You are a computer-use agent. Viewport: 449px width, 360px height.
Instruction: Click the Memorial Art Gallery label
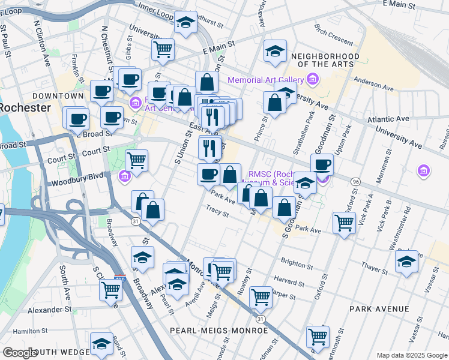click(265, 80)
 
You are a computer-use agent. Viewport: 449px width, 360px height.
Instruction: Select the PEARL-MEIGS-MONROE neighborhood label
click(218, 331)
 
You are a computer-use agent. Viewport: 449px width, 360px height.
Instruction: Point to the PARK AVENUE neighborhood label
click(379, 309)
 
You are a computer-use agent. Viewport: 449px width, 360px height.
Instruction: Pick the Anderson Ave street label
click(373, 80)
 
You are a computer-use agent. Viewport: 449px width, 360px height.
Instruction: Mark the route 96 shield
click(355, 181)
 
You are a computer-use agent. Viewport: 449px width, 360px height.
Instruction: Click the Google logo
click(20, 353)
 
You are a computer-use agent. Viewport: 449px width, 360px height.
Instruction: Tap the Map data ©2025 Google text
click(412, 355)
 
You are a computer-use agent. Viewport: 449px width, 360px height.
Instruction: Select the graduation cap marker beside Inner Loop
click(185, 23)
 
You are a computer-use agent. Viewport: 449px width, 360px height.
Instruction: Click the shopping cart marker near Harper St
click(260, 296)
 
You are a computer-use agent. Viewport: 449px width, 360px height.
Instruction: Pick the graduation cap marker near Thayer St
click(406, 262)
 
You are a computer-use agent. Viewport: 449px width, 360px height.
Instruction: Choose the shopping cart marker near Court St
click(136, 160)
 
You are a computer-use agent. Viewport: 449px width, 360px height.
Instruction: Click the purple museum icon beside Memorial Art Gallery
click(312, 79)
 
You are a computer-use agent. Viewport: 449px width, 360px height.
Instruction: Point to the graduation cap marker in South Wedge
click(101, 343)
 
